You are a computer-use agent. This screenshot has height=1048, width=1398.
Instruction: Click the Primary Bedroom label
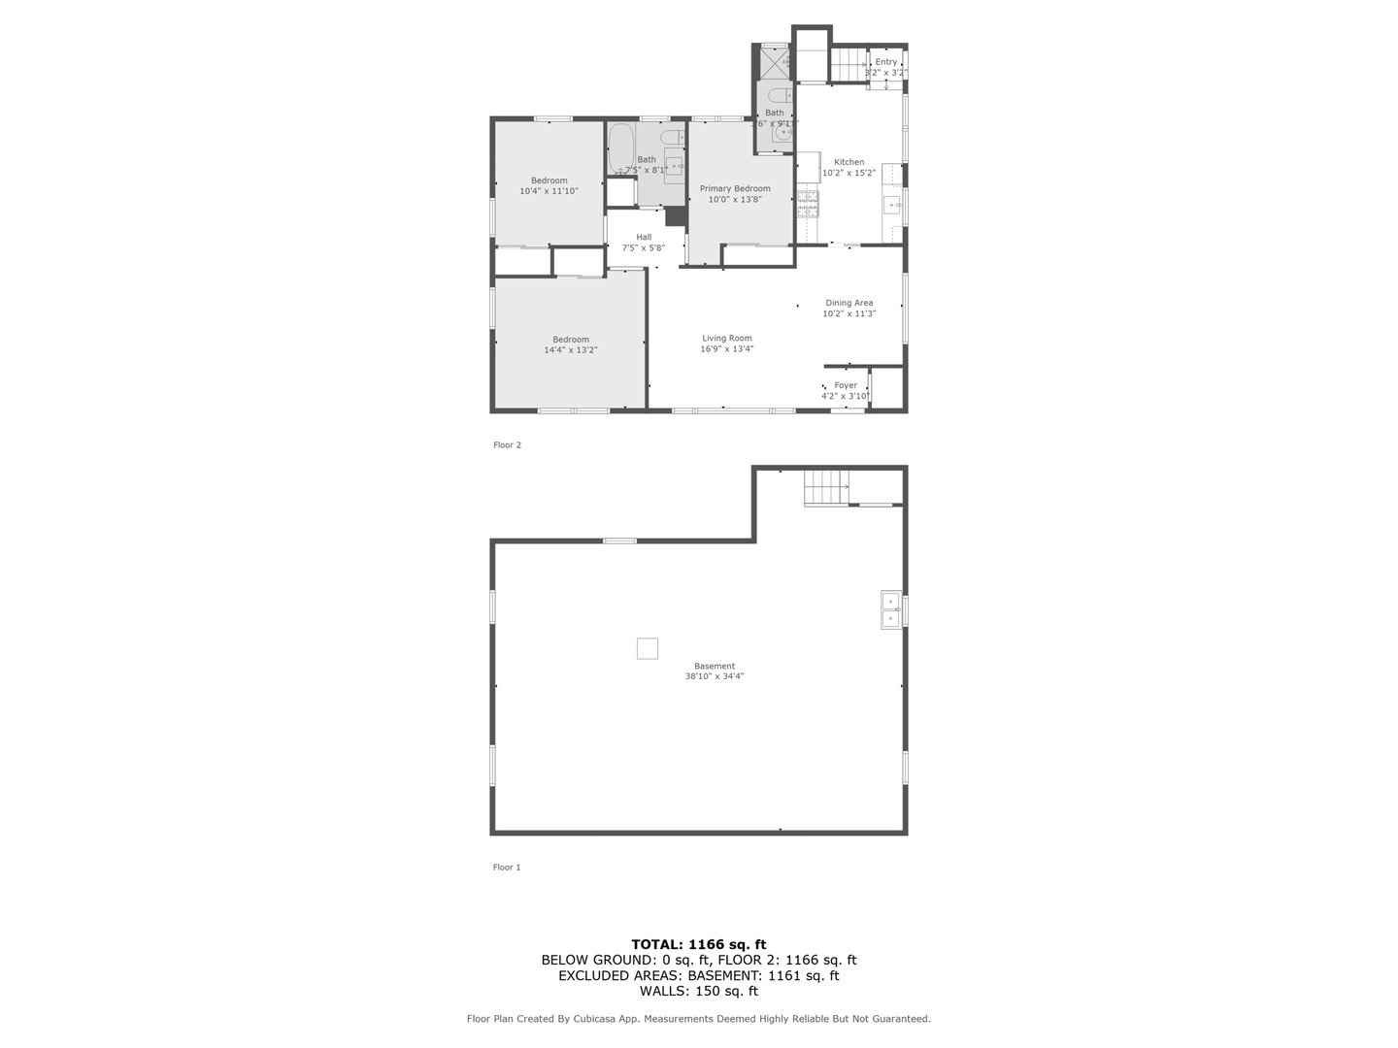click(735, 189)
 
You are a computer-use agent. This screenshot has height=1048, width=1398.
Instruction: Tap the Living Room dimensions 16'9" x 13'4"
click(727, 349)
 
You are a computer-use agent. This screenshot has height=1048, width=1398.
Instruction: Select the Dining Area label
click(849, 303)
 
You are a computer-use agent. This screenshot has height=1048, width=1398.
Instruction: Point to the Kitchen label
click(849, 162)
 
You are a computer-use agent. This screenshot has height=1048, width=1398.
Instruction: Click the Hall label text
click(644, 237)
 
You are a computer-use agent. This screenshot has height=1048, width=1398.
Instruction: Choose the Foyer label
click(846, 385)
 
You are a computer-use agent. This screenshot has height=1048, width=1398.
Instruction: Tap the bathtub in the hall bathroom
click(619, 147)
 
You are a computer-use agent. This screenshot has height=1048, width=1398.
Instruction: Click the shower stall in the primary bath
click(775, 62)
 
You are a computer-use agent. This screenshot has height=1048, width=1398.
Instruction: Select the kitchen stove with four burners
click(808, 203)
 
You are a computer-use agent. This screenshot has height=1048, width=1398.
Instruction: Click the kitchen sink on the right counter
click(892, 205)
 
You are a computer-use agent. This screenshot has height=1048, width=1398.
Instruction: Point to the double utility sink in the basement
click(890, 609)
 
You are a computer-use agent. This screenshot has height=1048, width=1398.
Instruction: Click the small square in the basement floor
click(648, 648)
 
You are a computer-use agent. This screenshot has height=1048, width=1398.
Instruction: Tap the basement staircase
click(826, 486)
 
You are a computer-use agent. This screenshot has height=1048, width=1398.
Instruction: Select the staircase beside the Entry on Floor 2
click(848, 65)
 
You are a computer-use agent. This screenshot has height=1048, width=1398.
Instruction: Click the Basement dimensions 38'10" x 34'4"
click(715, 677)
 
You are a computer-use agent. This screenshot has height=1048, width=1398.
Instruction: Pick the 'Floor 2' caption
click(507, 445)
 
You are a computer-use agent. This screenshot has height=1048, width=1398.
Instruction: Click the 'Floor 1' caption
click(507, 868)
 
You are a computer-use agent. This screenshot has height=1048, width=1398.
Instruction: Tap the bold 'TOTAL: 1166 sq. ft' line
click(699, 944)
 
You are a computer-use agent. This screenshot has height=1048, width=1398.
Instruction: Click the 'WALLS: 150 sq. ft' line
click(699, 991)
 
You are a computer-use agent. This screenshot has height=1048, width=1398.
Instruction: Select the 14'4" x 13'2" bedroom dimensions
click(571, 350)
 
